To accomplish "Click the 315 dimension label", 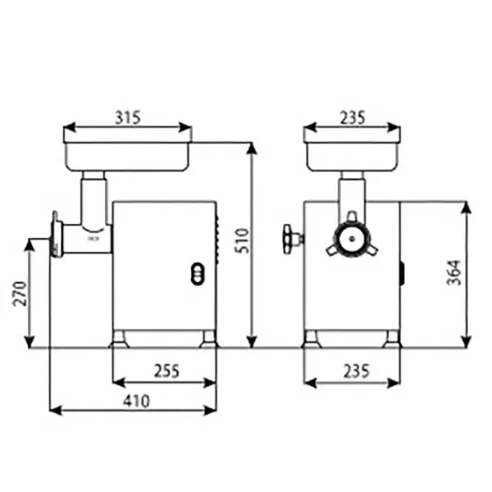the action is coord(128,117).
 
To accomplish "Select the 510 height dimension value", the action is coord(243,240).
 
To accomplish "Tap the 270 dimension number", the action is coord(20,294).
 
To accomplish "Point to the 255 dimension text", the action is coord(166,371).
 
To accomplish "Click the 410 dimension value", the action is coord(136,401).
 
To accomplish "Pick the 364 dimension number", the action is coord(454,272).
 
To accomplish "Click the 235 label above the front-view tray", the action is coord(353,117).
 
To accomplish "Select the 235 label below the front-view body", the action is coord(357,371).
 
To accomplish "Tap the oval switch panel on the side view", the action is coord(198,274).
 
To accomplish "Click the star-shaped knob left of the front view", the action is coord(290,239).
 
